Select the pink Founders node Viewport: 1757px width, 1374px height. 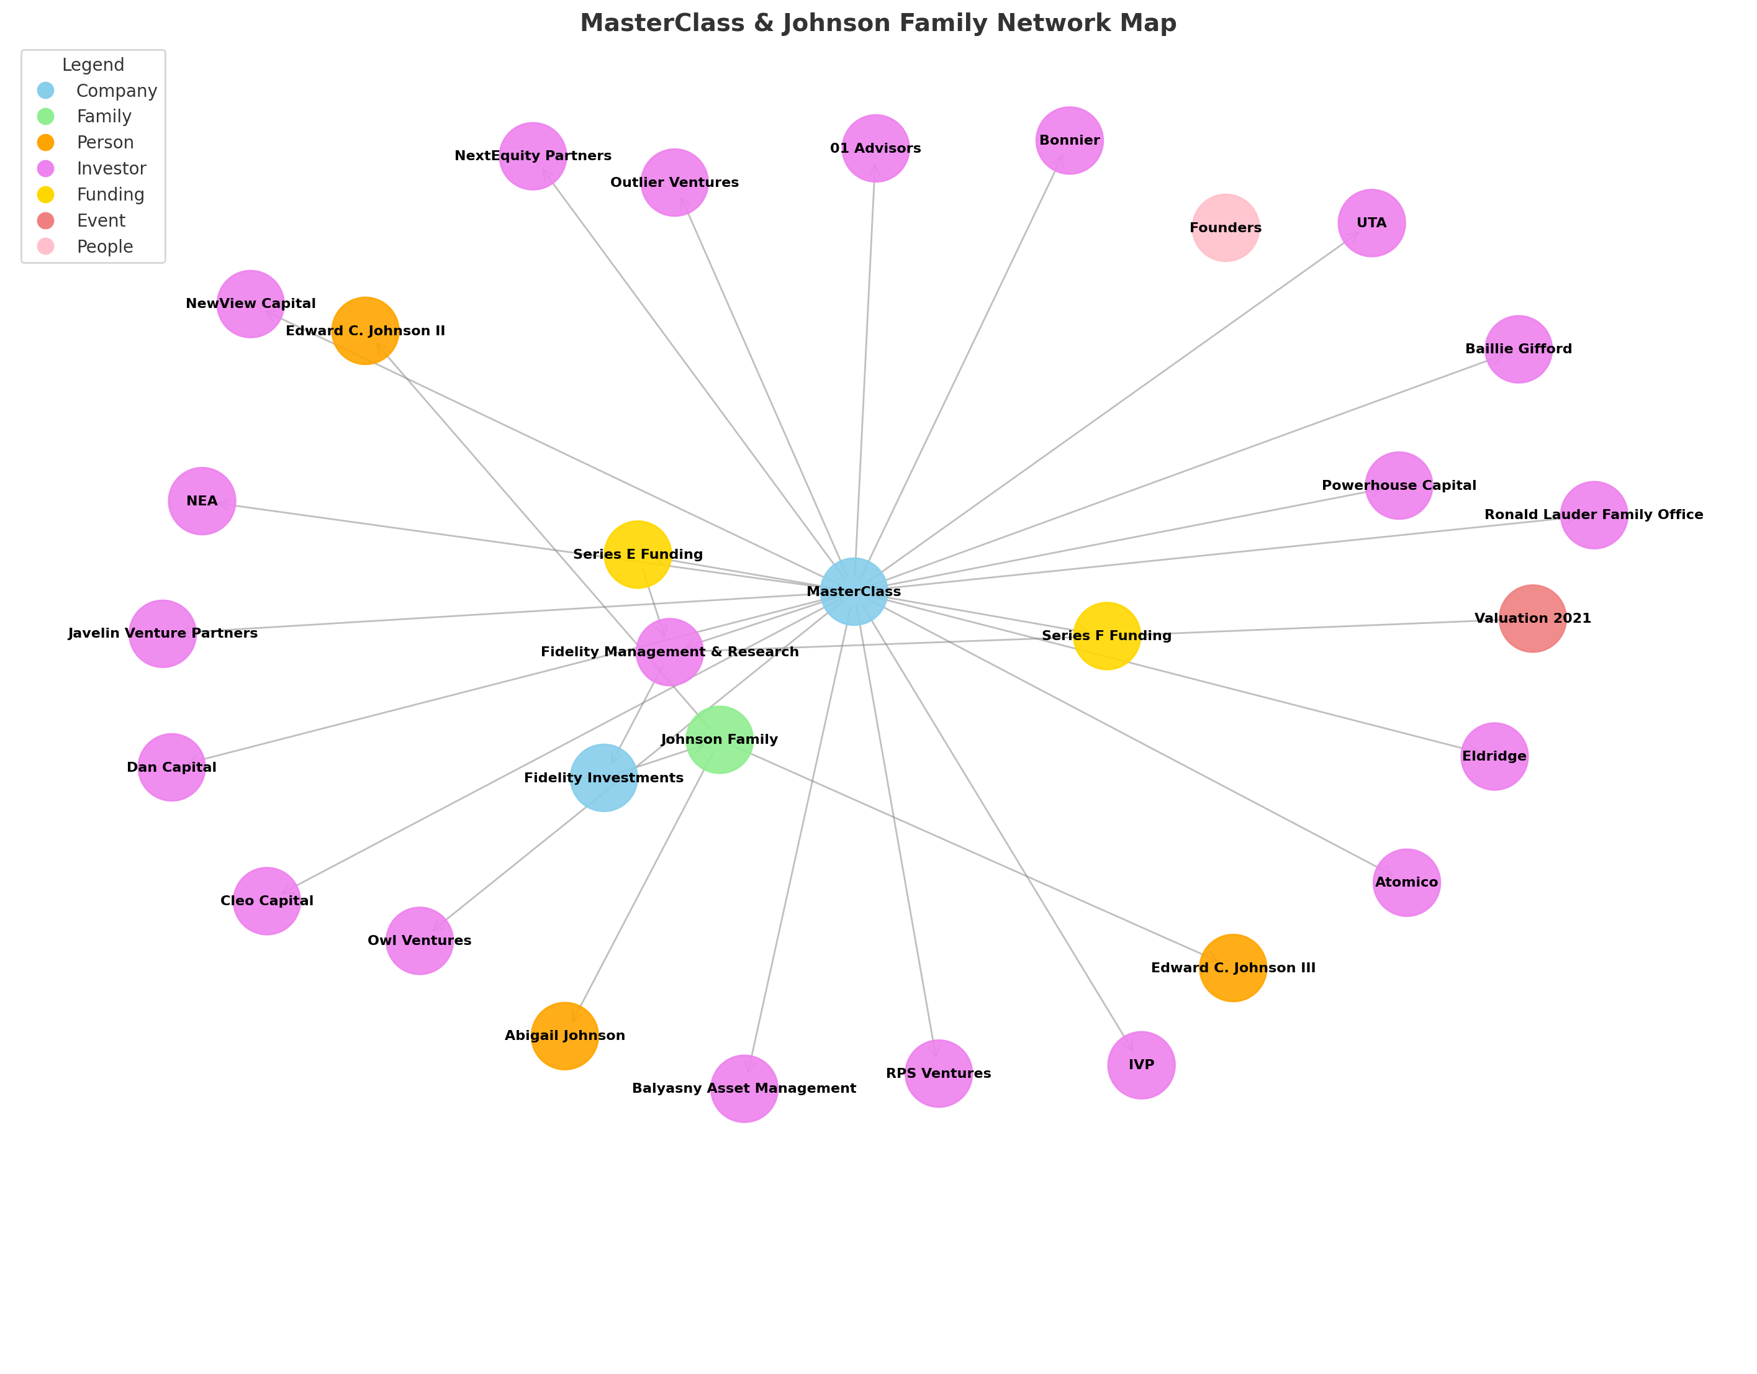1225,228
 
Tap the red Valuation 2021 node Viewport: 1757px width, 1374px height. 1532,618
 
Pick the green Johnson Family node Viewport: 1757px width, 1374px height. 719,739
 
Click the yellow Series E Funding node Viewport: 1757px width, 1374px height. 637,554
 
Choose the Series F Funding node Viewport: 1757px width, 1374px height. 1106,636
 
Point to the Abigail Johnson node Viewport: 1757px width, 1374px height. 565,1036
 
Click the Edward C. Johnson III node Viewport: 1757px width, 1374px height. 1232,968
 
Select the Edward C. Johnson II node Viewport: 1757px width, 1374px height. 365,331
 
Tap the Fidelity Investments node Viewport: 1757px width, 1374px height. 603,777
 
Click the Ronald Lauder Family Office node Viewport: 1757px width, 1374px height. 1594,515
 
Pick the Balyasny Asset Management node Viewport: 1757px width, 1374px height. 744,1088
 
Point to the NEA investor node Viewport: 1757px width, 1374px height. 202,500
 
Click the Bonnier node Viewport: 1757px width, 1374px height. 1069,140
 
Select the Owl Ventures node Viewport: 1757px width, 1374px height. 419,941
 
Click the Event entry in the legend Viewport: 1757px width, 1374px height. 101,220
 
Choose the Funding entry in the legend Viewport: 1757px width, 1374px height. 111,195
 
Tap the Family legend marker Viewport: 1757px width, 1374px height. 46,117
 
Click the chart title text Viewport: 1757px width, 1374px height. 878,24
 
